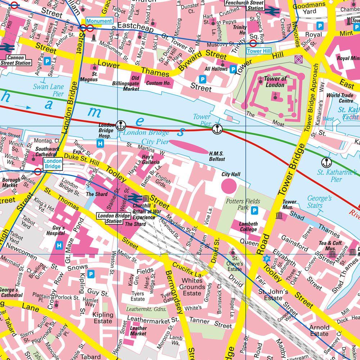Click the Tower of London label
(x=275, y=82)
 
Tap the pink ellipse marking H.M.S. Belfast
(x=189, y=147)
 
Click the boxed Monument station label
(x=99, y=21)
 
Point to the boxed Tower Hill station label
(x=258, y=51)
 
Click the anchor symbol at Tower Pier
(x=217, y=129)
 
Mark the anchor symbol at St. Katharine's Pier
(x=327, y=162)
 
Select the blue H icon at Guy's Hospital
(x=59, y=246)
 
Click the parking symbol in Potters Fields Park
(x=255, y=210)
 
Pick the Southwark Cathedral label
(x=47, y=151)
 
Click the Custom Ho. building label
(x=158, y=83)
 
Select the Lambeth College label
(x=248, y=226)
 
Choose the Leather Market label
(x=138, y=331)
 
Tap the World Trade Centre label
(x=339, y=98)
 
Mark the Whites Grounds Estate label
(x=192, y=287)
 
